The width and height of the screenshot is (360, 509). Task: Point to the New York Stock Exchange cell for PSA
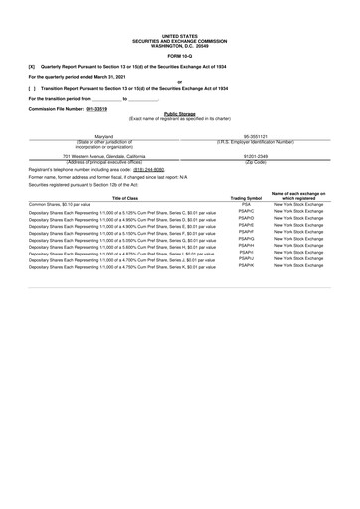297,204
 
